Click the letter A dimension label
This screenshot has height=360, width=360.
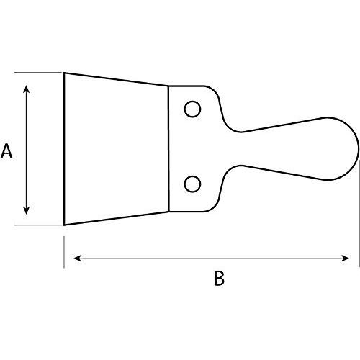pos(7,152)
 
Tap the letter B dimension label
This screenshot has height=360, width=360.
pos(220,279)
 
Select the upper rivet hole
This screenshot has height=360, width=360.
pos(192,109)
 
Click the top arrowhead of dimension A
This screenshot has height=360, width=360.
pos(27,88)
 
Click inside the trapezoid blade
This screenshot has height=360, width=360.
pos(115,148)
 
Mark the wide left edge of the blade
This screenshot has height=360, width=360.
pos(64,148)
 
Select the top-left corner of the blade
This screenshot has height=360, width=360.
pos(64,73)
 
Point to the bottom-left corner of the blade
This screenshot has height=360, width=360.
pos(64,225)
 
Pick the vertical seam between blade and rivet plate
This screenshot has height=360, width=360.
pos(168,148)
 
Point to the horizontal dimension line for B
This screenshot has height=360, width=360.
pos(216,257)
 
